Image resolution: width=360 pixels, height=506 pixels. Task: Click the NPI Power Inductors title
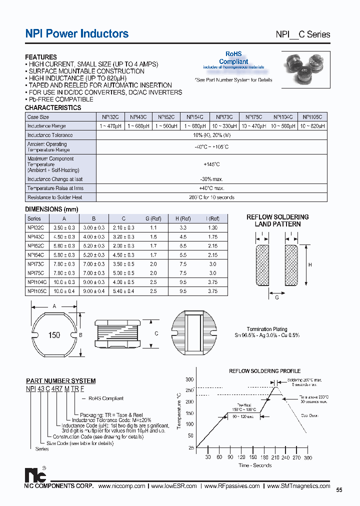[76, 33]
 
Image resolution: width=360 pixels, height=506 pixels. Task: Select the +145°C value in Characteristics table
[211, 164]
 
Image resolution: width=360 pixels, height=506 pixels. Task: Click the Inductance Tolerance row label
[50, 135]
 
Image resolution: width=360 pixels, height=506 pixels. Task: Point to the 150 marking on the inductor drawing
[54, 334]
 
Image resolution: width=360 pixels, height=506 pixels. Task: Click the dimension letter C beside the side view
[156, 333]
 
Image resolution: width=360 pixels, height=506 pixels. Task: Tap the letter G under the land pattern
[277, 297]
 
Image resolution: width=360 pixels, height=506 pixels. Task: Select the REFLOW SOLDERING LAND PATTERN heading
[277, 220]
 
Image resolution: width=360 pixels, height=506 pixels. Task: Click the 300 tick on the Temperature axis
[189, 380]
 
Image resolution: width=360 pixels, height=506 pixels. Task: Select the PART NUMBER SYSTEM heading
[60, 381]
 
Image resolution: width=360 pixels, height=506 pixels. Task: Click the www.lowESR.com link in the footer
[174, 486]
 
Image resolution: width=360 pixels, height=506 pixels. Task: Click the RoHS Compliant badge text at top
[233, 58]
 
